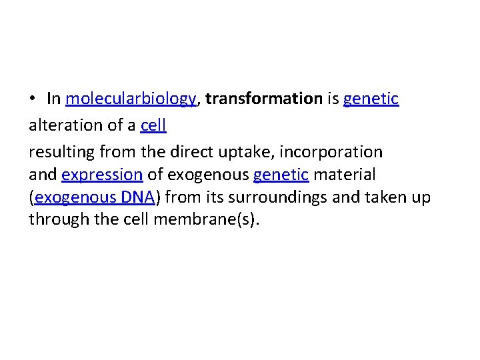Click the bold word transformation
[x=264, y=99]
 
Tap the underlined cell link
[x=153, y=125]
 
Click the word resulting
[x=61, y=151]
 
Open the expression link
[x=102, y=175]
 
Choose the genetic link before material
[x=281, y=175]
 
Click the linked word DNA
[x=138, y=197]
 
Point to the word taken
[x=390, y=197]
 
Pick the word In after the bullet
[x=54, y=99]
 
